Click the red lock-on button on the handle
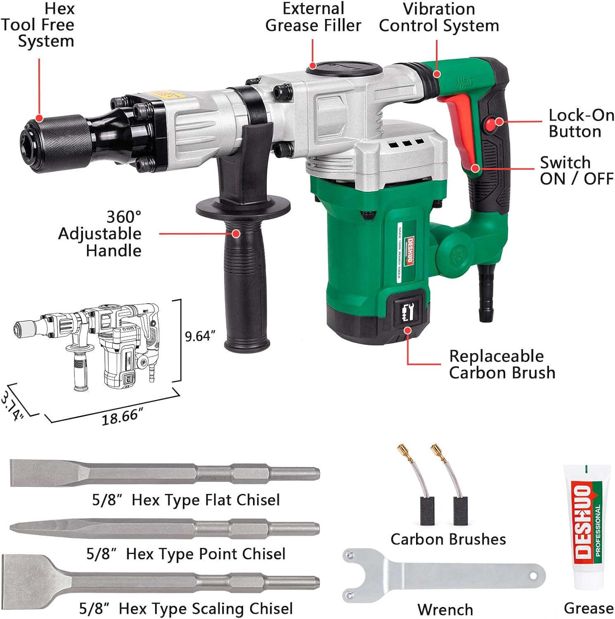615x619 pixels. pos(491,125)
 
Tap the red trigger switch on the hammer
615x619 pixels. pos(461,128)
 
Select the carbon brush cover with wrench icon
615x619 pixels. pos(407,309)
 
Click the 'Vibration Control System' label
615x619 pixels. pos(439,17)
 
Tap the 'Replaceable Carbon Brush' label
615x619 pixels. pos(501,364)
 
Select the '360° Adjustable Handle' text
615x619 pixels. pos(100,234)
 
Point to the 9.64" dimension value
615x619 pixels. pos(200,336)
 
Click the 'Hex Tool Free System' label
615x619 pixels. pos(39,25)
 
